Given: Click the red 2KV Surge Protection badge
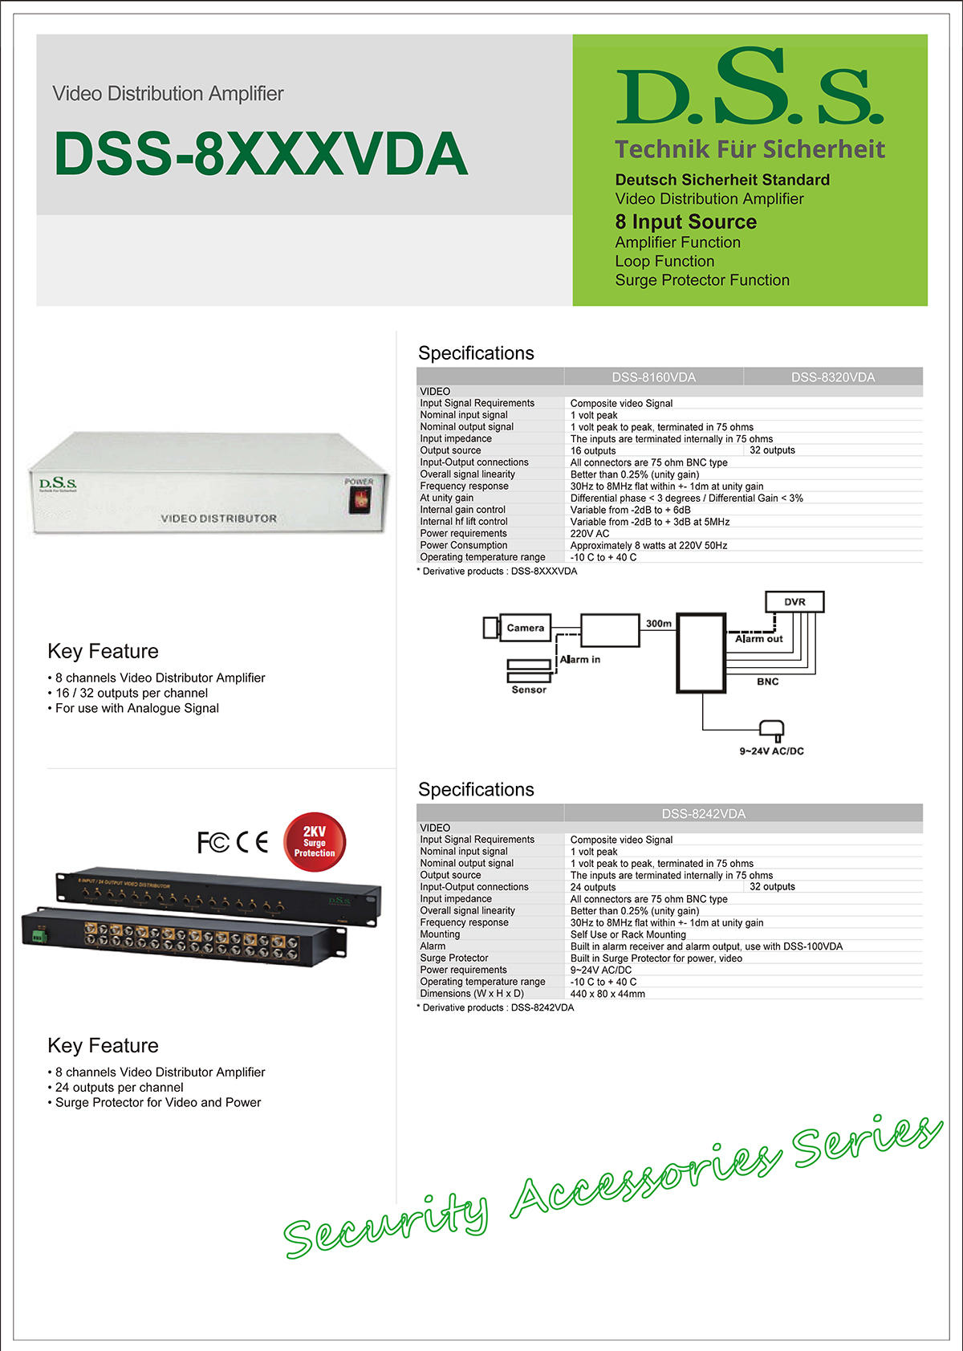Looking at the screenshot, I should (315, 842).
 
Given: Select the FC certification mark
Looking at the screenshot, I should (213, 842).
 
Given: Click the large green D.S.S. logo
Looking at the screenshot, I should (749, 88).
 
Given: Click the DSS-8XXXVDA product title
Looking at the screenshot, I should (261, 153).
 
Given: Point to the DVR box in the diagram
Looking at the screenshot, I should (794, 602).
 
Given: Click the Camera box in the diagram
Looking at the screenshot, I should (525, 628).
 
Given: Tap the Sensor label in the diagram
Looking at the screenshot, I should (529, 690).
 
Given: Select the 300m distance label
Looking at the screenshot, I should (659, 623).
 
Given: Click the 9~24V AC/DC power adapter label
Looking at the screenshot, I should (771, 751).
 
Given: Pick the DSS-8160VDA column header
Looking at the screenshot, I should (653, 377).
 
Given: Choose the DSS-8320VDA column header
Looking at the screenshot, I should (833, 377).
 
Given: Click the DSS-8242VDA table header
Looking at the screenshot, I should (703, 813).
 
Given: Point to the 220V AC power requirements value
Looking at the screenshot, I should (590, 533).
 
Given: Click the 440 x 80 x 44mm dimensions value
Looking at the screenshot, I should (607, 994).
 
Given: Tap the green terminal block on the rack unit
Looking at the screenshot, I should (38, 936).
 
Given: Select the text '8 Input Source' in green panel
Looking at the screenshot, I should (685, 222).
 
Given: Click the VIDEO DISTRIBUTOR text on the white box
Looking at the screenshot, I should (218, 519).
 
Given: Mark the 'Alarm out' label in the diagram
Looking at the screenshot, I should (758, 639).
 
